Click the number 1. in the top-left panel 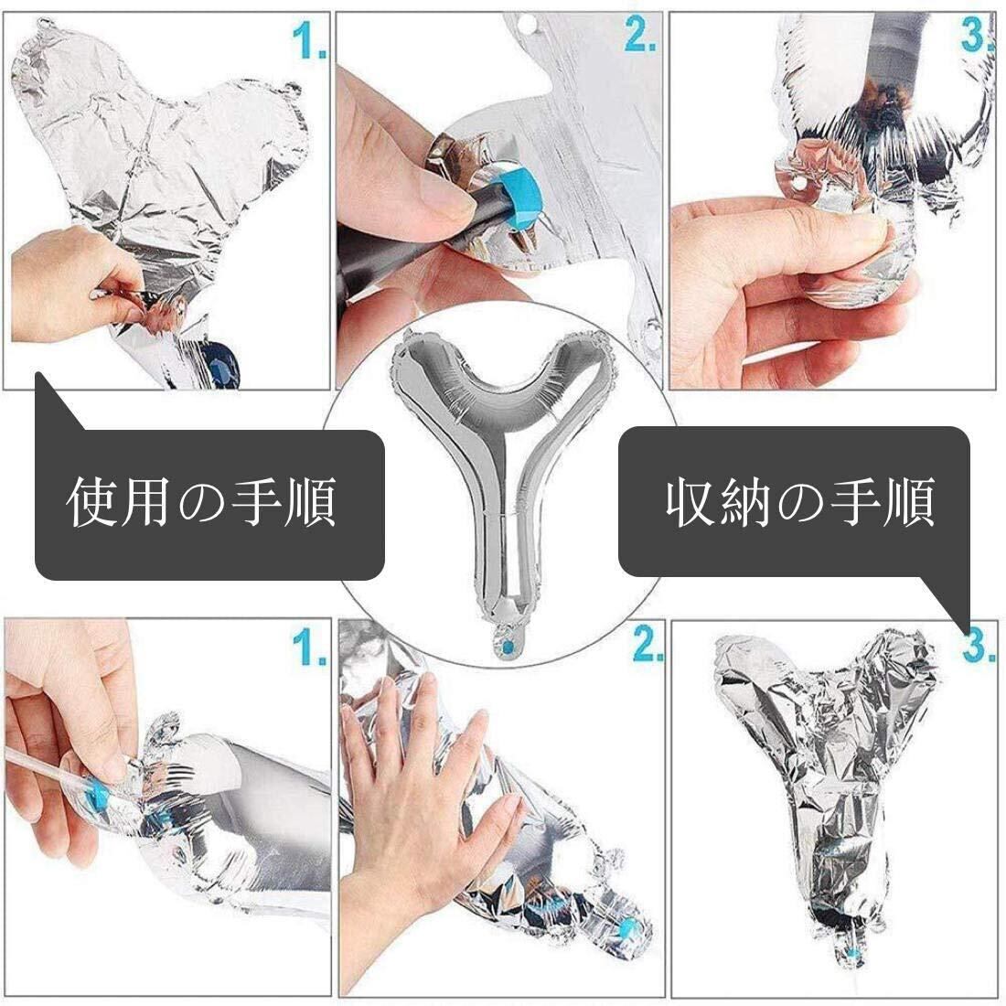pyautogui.click(x=309, y=40)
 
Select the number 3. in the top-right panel pyautogui.click(x=977, y=35)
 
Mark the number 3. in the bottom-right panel pyautogui.click(x=979, y=645)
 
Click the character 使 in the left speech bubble pyautogui.click(x=92, y=502)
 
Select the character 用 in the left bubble pyautogui.click(x=146, y=502)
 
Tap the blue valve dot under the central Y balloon pyautogui.click(x=508, y=646)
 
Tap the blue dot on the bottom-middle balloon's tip pyautogui.click(x=626, y=926)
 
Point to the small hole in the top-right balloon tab pyautogui.click(x=800, y=184)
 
